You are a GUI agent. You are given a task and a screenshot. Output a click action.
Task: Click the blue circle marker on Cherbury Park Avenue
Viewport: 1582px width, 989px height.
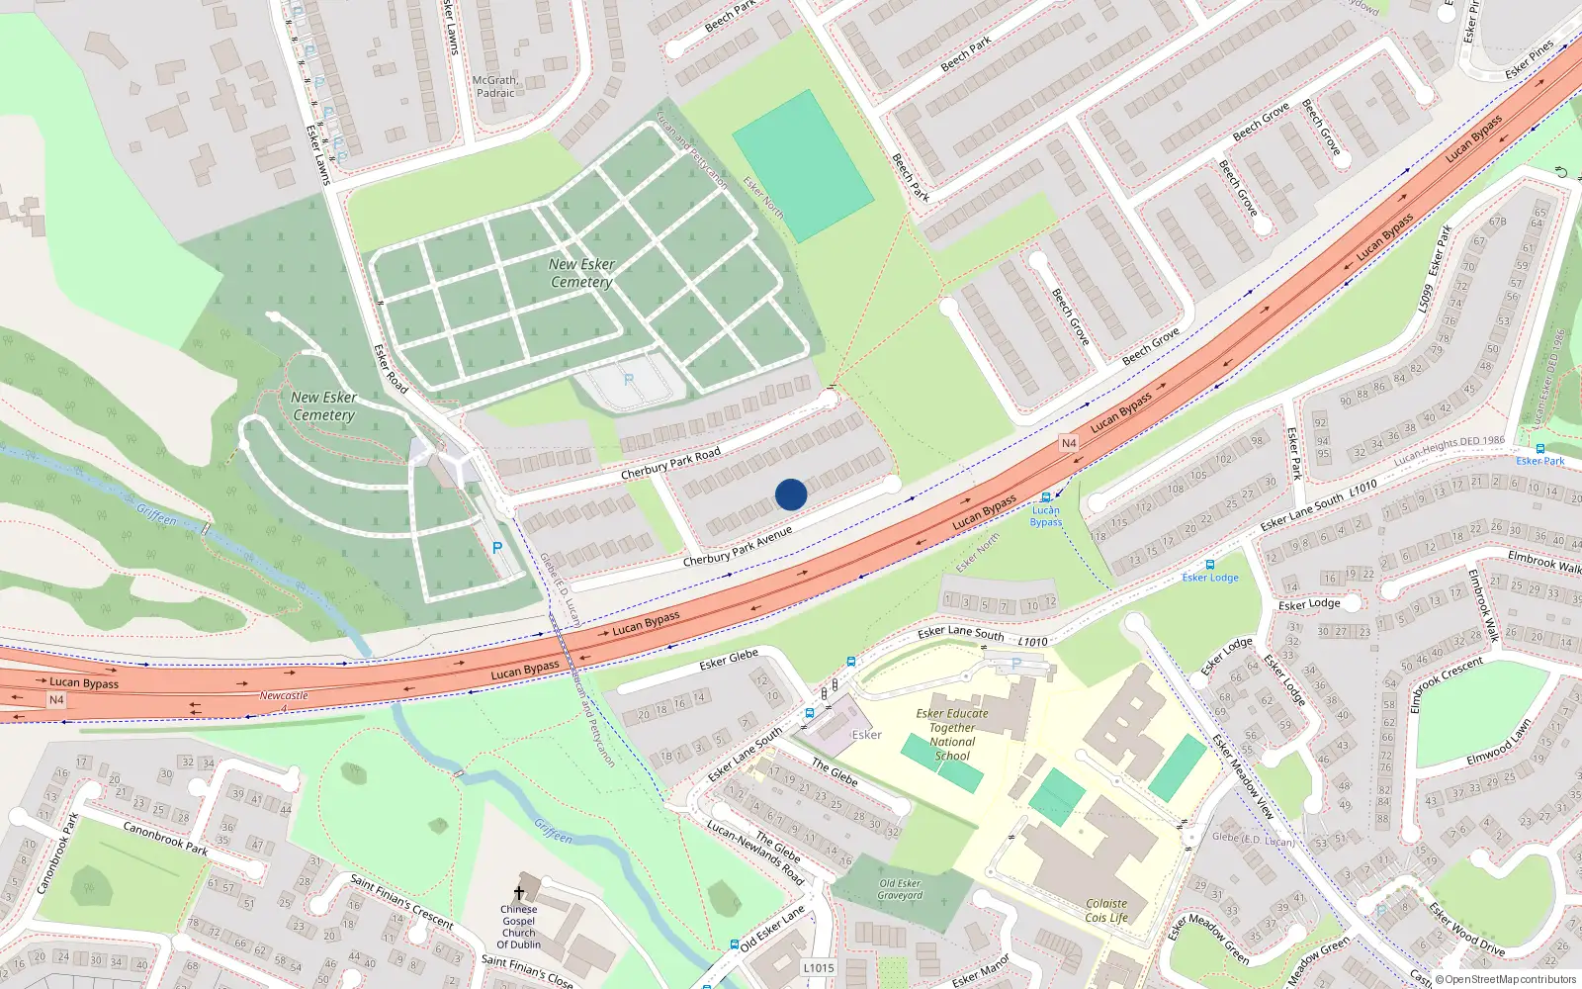click(791, 494)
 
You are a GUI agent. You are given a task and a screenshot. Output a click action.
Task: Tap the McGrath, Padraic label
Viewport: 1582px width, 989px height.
click(495, 87)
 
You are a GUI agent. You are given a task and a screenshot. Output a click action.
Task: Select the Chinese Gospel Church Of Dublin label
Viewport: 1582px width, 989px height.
click(519, 927)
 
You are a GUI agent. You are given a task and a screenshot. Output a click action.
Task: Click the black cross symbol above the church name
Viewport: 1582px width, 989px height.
click(519, 892)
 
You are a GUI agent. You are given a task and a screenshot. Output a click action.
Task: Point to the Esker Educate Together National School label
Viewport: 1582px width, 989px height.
click(952, 734)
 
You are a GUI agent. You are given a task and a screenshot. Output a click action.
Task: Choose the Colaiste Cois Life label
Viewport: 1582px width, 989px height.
click(1106, 910)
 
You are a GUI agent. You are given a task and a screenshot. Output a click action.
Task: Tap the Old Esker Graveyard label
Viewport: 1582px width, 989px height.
click(900, 889)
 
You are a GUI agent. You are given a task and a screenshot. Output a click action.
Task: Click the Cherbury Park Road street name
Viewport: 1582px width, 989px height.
click(670, 462)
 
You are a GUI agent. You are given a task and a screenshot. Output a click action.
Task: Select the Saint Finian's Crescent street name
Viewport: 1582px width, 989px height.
click(401, 901)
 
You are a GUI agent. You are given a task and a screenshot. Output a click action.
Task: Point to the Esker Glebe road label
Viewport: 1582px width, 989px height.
click(729, 659)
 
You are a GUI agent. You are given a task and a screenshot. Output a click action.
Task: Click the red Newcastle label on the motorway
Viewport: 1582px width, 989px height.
click(284, 696)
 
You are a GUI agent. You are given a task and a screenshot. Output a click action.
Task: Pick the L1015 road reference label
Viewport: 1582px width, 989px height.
click(819, 967)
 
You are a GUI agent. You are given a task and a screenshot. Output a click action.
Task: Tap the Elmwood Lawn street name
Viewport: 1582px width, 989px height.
click(1499, 741)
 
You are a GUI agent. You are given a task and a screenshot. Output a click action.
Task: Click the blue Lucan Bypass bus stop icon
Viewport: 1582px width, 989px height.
click(1046, 497)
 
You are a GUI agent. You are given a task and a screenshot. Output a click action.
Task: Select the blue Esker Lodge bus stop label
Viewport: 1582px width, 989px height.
click(1210, 578)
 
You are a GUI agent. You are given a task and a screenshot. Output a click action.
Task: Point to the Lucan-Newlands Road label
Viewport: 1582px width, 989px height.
click(755, 853)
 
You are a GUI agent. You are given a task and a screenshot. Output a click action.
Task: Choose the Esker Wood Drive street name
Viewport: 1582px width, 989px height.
click(1467, 927)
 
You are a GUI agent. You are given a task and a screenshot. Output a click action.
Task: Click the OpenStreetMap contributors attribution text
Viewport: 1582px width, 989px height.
click(1506, 979)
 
